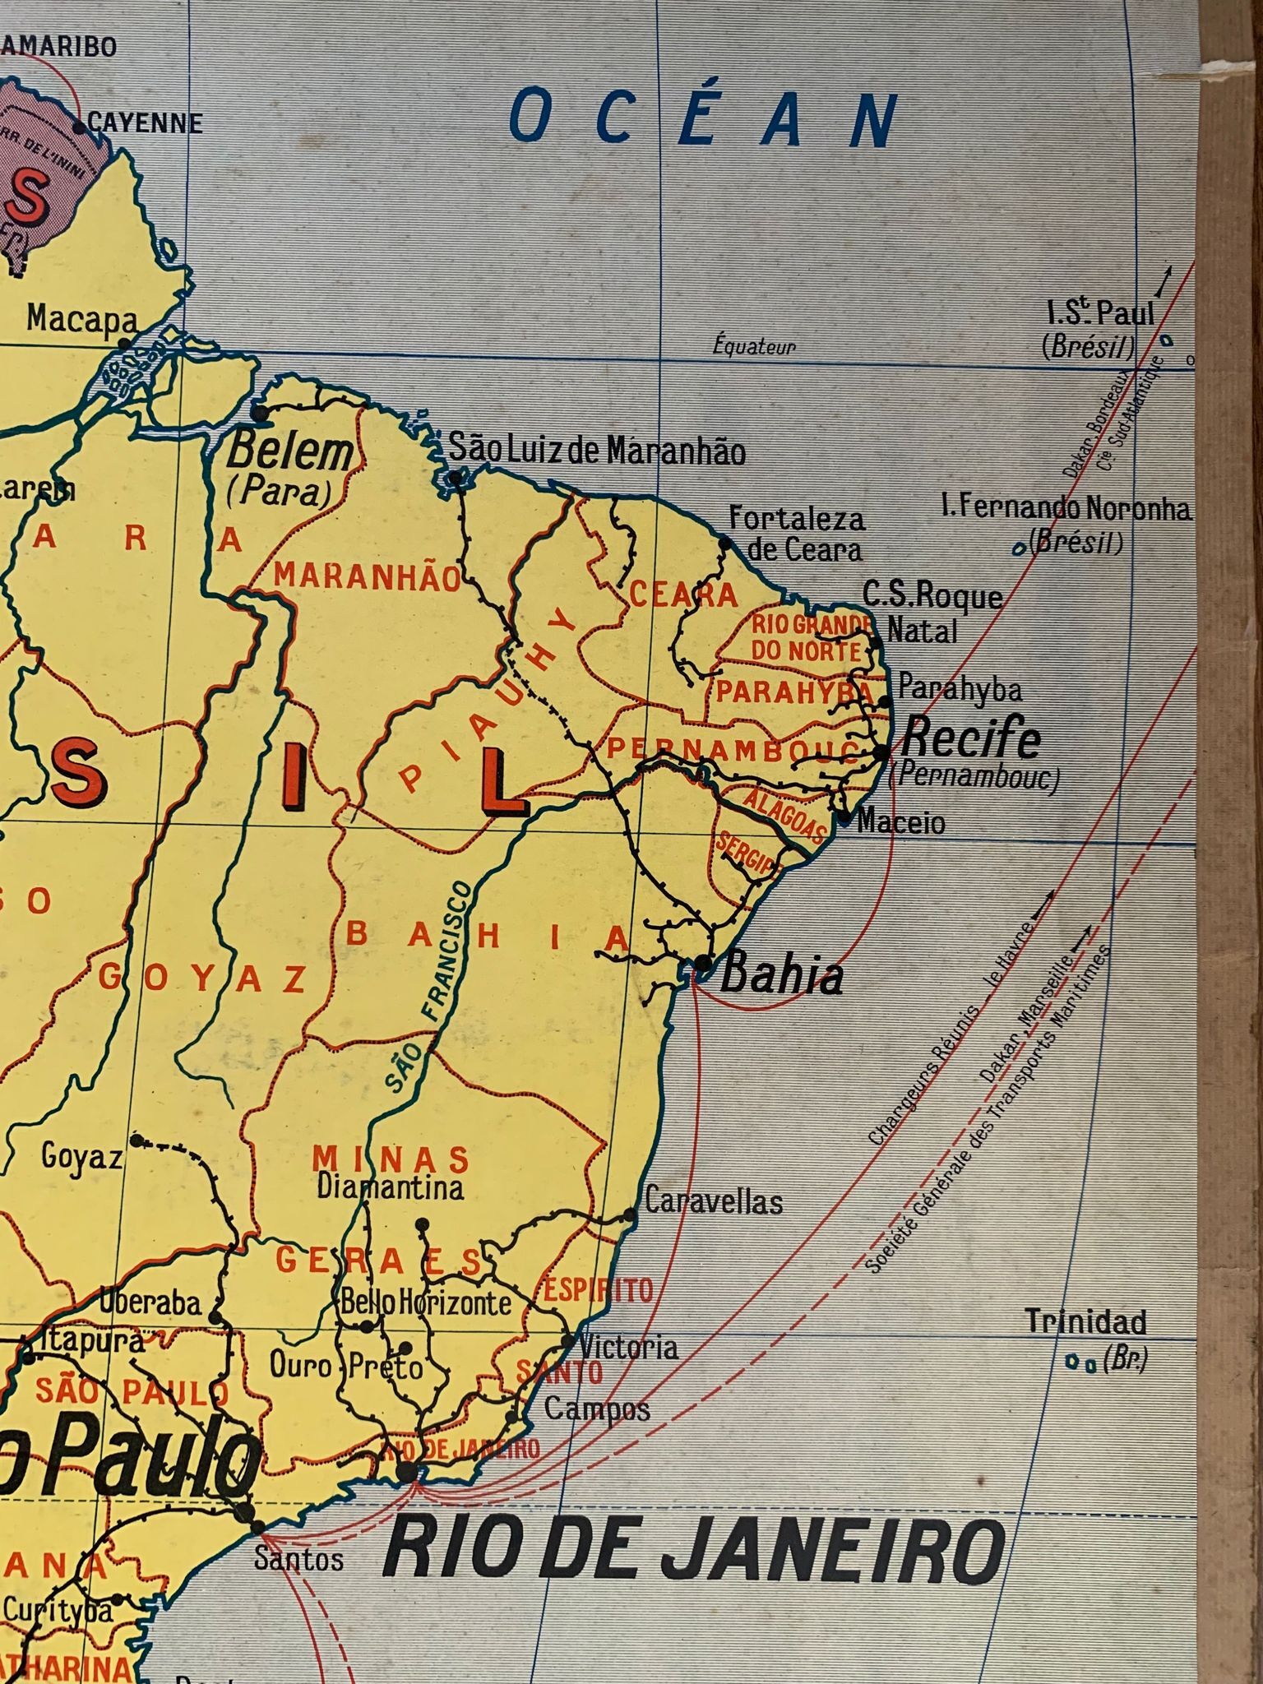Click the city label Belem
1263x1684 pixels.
290,453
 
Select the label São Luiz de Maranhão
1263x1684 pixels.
597,451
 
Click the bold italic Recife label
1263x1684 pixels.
971,739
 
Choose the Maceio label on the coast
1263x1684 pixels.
901,821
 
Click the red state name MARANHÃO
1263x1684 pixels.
368,577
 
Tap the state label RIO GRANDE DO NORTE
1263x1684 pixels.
808,637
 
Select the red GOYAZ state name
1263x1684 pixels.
203,978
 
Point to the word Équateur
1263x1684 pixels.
754,347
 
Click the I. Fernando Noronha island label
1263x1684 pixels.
1066,510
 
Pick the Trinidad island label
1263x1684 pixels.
1085,1322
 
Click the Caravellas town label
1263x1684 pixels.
713,1202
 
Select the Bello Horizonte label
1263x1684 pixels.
426,1302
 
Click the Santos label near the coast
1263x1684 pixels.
298,1558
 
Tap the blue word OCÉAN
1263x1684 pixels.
703,120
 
